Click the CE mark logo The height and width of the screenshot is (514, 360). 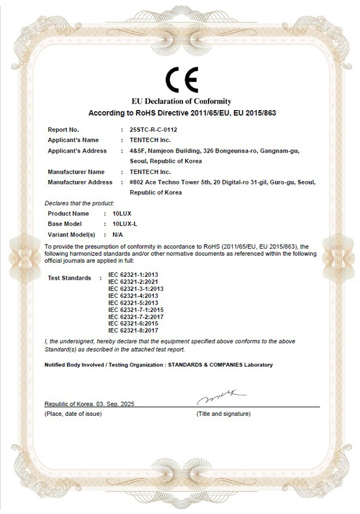point(181,80)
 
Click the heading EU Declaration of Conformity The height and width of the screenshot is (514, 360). point(182,102)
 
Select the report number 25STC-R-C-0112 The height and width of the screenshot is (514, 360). point(153,129)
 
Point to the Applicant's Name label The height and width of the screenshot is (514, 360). point(73,140)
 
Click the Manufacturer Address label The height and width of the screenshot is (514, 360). point(80,182)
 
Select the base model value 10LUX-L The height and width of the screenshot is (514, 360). point(125,224)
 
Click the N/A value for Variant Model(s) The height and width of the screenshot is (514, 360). point(118,234)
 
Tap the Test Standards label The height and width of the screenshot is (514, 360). point(69,278)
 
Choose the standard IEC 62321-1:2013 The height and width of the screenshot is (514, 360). point(133,275)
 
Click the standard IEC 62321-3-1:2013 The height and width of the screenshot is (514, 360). point(136,289)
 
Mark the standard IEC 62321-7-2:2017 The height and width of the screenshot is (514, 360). point(136,317)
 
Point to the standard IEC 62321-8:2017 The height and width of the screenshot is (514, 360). point(133,330)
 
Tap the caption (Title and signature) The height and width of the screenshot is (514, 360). point(223,414)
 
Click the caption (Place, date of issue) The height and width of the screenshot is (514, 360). point(73,414)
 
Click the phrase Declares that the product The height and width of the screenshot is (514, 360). point(79,203)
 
